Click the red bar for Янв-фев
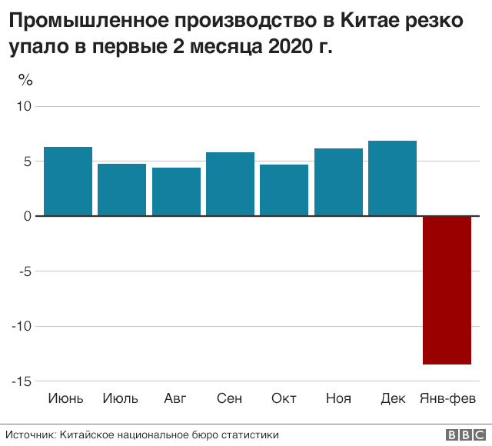coord(447,290)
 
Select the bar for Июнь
coord(68,181)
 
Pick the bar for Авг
coord(176,191)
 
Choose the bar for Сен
coord(230,184)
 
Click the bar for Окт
coord(284,190)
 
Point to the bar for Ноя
coord(338,182)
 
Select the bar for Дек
coord(392,178)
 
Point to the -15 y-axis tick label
coord(21,381)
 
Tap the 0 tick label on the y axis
coord(27,216)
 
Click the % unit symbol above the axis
coord(25,79)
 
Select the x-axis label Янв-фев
coord(447,398)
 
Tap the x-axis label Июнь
coord(67,398)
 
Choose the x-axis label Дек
coord(393,398)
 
